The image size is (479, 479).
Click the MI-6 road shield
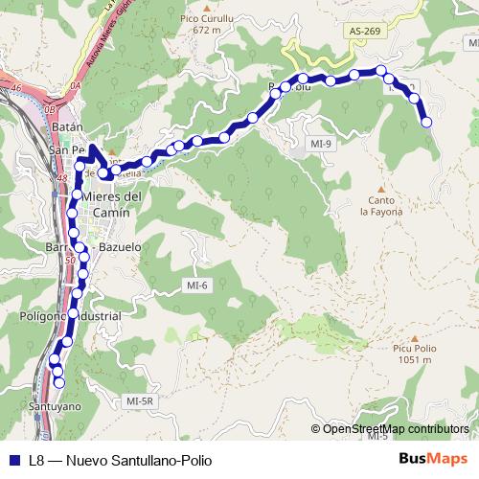(x=196, y=285)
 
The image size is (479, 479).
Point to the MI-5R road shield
(x=139, y=401)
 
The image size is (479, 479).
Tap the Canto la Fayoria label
(x=380, y=206)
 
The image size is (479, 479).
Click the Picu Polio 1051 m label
(x=414, y=354)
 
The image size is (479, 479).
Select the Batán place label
(x=67, y=126)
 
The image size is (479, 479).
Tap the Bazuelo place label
(x=120, y=246)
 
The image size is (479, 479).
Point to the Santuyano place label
(x=55, y=406)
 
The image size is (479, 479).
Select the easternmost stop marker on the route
(x=426, y=122)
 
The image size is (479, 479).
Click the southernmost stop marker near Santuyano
(x=59, y=383)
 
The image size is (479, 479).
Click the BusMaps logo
(x=433, y=459)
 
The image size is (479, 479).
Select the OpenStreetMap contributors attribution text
(x=396, y=428)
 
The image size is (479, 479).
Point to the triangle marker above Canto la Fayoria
(x=380, y=188)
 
